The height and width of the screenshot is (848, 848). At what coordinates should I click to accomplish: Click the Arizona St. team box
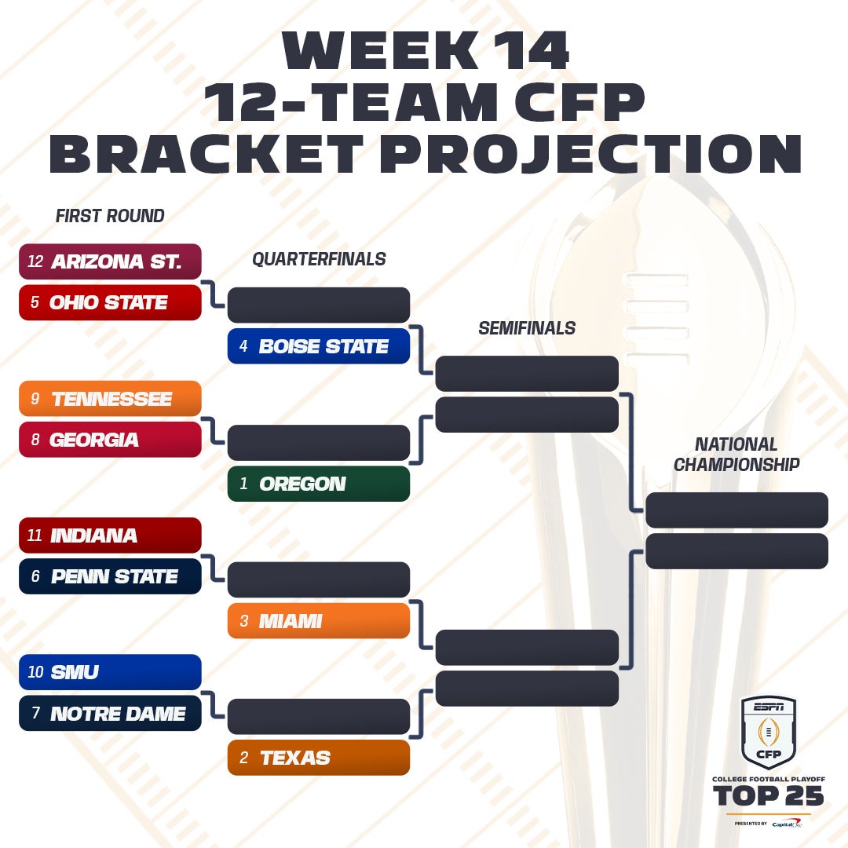(x=110, y=261)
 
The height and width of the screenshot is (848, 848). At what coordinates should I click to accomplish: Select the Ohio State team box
(x=110, y=302)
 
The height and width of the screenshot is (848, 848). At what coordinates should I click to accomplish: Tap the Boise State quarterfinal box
(x=319, y=346)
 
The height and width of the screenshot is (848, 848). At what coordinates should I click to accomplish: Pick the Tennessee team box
(x=110, y=399)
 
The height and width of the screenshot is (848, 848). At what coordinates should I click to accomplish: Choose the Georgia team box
(x=110, y=440)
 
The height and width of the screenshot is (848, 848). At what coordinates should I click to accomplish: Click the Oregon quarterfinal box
(x=319, y=484)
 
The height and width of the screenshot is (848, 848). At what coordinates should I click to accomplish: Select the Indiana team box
(x=110, y=535)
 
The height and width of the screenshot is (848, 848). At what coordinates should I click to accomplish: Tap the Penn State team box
(x=110, y=576)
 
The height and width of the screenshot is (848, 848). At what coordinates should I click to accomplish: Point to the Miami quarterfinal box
(x=319, y=621)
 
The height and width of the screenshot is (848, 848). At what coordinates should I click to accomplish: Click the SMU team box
(x=110, y=672)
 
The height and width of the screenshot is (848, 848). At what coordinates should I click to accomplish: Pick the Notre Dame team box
(x=110, y=713)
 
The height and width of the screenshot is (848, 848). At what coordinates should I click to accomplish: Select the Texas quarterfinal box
(x=319, y=758)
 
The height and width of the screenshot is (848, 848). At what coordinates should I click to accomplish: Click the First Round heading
(x=110, y=216)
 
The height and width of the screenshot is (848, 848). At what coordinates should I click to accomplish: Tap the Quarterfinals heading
(x=319, y=259)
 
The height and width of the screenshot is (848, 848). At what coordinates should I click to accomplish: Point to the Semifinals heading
(x=527, y=327)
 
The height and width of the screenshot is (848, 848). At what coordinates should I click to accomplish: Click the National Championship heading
(x=737, y=455)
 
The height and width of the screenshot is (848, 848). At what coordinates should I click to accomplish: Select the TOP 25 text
(x=769, y=795)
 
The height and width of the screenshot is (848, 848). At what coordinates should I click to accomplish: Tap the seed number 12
(x=35, y=261)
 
